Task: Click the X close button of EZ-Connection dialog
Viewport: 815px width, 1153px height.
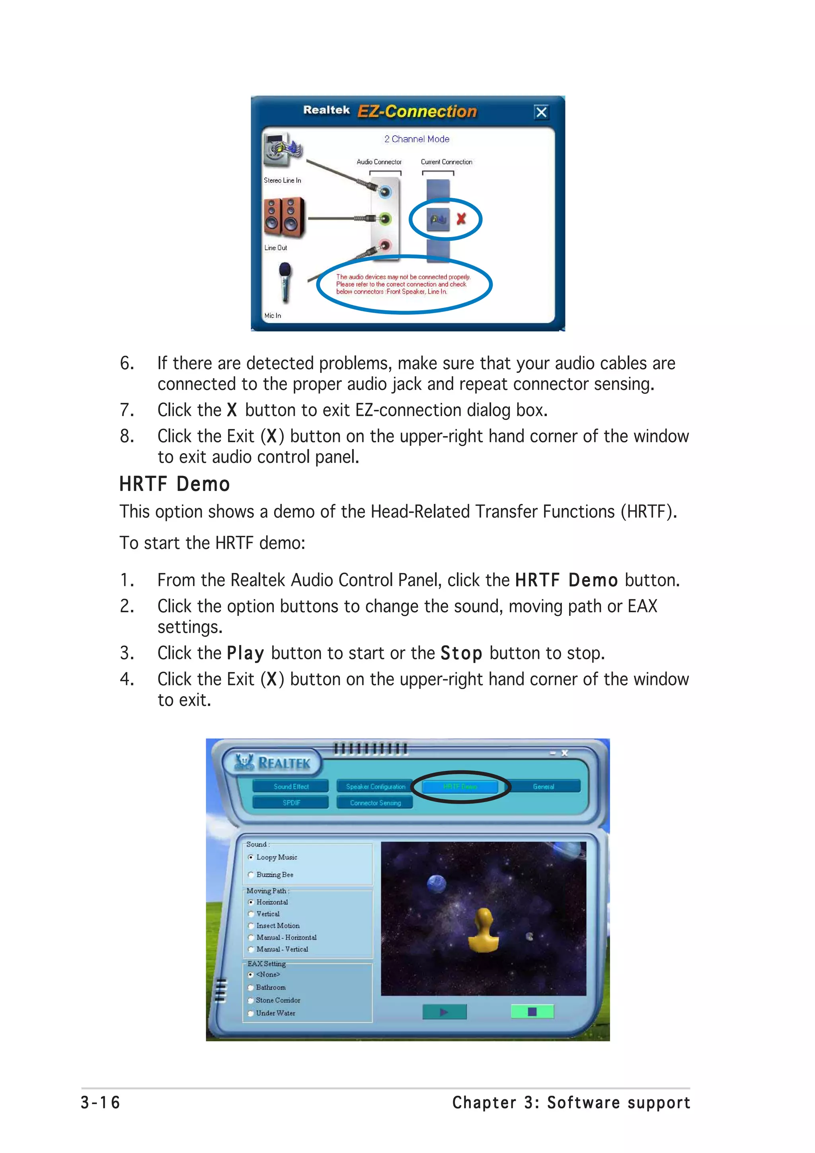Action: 541,112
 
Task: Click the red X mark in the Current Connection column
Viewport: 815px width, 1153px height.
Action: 461,218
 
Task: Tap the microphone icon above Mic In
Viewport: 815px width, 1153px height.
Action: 284,282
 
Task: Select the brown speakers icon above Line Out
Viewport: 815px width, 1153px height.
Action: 284,217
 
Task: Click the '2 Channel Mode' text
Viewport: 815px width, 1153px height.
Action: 417,139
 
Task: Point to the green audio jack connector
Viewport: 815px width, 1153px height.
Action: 385,218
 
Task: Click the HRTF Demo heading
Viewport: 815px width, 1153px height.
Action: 174,484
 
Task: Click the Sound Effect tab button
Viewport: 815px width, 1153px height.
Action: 291,787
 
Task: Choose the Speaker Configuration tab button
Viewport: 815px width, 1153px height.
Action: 375,787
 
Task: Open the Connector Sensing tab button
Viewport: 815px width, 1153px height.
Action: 375,802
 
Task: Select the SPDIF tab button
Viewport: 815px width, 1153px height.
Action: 291,802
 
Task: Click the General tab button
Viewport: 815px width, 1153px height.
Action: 543,787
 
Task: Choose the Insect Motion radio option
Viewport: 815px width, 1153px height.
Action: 251,925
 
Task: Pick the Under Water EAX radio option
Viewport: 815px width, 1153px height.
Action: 251,1013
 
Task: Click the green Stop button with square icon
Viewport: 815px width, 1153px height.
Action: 532,1011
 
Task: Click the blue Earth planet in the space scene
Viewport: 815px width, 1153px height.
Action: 437,883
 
